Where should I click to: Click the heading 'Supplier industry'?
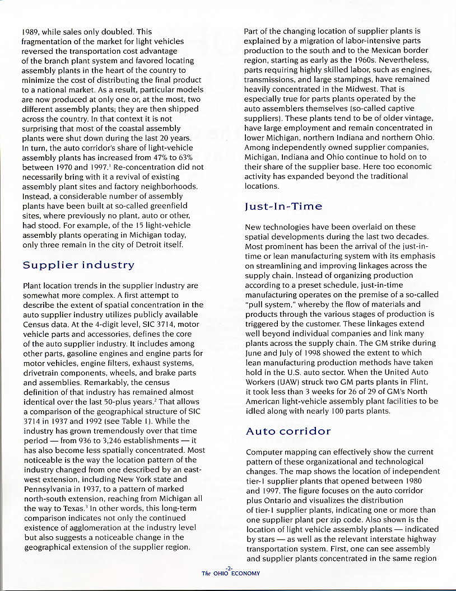(x=78, y=264)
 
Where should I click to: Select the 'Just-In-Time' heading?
(x=283, y=207)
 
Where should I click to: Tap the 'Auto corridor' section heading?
(x=288, y=431)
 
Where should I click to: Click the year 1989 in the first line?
(x=32, y=32)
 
